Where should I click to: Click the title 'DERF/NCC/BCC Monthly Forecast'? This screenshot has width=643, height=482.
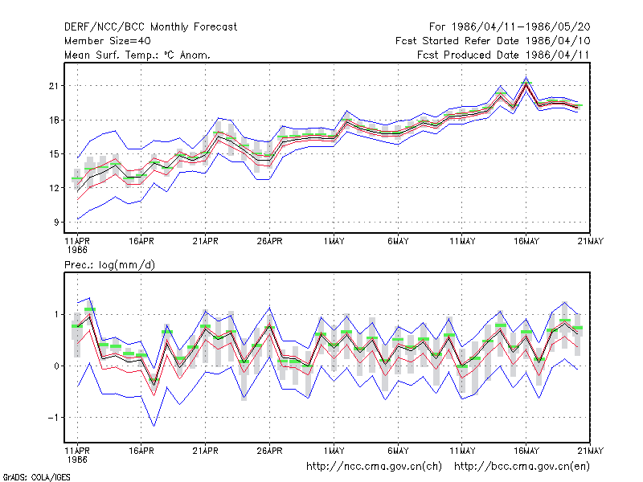(x=150, y=27)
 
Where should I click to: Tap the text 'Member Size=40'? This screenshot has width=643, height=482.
(x=108, y=41)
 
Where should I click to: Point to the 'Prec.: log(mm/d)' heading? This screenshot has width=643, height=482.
(x=109, y=265)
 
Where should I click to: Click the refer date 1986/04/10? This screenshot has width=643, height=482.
(x=558, y=41)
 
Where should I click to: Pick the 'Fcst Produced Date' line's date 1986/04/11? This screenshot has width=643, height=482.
(x=558, y=55)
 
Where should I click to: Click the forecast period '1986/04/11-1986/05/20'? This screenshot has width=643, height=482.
(x=521, y=27)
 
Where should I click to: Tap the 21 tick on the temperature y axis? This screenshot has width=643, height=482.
(x=54, y=86)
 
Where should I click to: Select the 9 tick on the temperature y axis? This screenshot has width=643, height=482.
(x=56, y=223)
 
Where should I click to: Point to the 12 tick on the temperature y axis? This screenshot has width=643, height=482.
(x=54, y=188)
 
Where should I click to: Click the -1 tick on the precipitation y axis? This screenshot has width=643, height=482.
(x=53, y=418)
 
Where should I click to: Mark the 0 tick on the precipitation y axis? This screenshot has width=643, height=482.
(x=56, y=366)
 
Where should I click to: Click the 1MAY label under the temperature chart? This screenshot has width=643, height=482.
(x=334, y=242)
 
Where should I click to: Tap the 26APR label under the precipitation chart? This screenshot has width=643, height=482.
(x=270, y=451)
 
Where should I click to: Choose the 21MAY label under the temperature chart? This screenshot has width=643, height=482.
(x=591, y=242)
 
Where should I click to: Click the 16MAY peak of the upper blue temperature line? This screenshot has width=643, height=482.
(x=526, y=76)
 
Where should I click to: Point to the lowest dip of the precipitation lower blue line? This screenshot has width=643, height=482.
(x=154, y=426)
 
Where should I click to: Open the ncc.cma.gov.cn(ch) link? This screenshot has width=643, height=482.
(x=374, y=467)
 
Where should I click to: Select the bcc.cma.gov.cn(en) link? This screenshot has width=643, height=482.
(x=522, y=467)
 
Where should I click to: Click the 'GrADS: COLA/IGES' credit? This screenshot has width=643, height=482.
(x=36, y=477)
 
